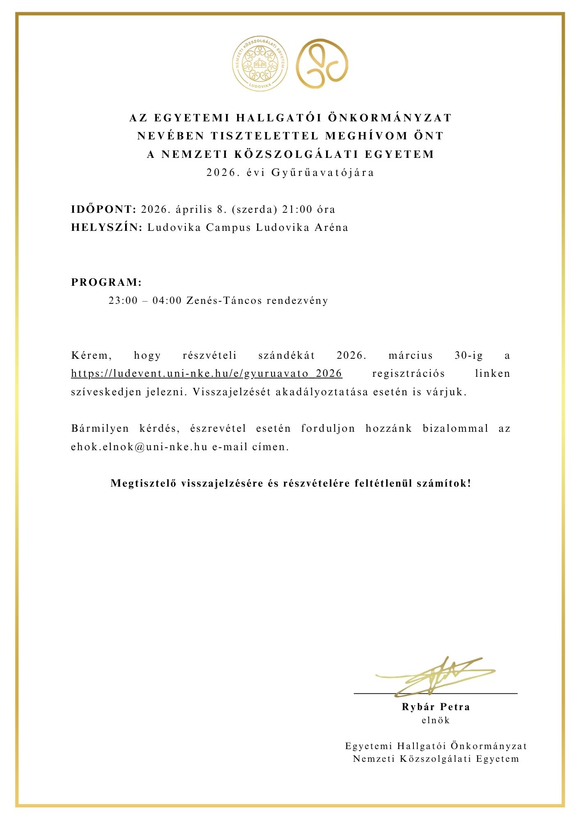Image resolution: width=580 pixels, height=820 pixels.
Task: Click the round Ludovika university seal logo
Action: tap(260, 64)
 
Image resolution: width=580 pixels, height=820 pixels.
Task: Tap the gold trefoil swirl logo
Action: tap(322, 64)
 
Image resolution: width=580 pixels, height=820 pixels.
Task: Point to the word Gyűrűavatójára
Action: tap(323, 173)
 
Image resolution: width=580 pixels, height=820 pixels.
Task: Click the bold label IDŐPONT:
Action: tap(103, 210)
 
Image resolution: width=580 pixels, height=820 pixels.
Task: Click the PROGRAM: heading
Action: tap(106, 282)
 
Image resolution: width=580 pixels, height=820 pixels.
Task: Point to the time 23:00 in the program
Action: tap(123, 301)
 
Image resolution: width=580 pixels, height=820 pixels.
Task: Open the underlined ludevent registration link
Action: tap(206, 374)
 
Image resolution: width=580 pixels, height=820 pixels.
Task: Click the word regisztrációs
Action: tap(408, 374)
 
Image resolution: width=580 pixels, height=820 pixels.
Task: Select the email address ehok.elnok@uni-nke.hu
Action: tap(139, 447)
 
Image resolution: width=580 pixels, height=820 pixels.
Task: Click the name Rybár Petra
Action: tap(436, 707)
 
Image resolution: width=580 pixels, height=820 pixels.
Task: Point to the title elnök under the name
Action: tap(436, 720)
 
